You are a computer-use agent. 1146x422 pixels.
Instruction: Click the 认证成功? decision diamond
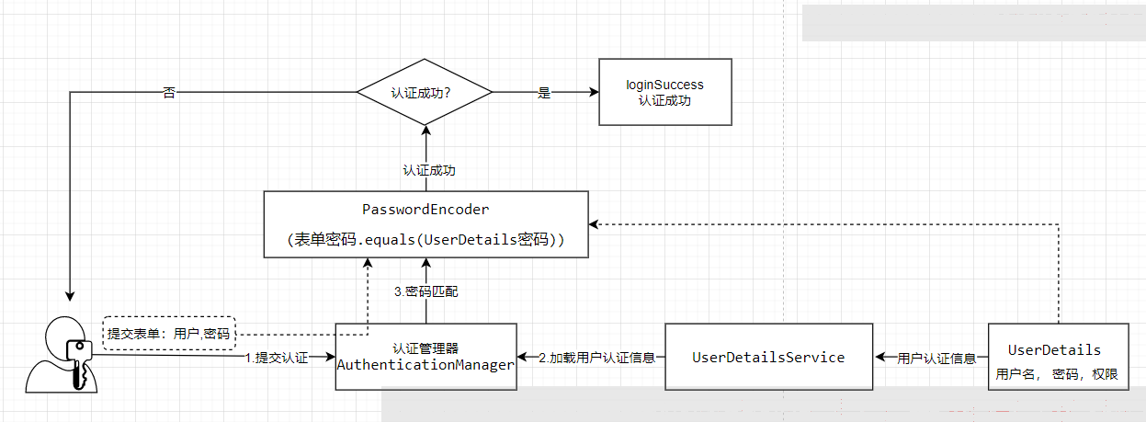click(x=425, y=92)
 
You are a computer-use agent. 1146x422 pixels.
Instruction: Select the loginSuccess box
click(x=664, y=92)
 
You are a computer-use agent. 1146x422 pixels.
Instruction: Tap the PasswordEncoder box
click(x=425, y=224)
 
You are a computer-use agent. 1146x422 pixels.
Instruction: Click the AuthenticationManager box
click(x=425, y=357)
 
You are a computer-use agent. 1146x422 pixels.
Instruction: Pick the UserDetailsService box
click(x=767, y=357)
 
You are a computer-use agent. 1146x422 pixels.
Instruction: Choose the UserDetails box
click(x=1058, y=357)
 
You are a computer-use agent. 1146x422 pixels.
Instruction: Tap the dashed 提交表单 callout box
click(x=168, y=333)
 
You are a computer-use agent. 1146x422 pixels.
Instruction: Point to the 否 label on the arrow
click(x=168, y=93)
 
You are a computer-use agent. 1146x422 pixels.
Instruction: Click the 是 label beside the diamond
click(x=543, y=93)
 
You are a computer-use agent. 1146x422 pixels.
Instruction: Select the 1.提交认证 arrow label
click(x=276, y=358)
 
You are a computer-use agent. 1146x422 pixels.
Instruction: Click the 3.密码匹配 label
click(x=425, y=291)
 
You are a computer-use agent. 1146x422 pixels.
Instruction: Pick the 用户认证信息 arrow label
click(x=936, y=358)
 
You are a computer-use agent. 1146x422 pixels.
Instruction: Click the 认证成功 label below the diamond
click(x=429, y=170)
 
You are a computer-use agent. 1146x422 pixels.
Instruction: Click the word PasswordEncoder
click(x=425, y=210)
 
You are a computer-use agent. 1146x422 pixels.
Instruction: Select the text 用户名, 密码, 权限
click(x=1057, y=374)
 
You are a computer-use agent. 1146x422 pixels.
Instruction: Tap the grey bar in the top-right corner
click(x=972, y=23)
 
